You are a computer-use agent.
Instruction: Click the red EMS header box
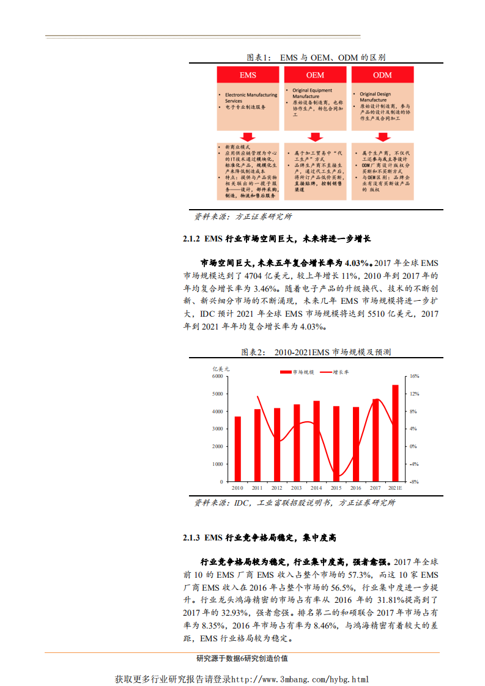coord(248,75)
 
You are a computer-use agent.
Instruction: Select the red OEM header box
coord(315,75)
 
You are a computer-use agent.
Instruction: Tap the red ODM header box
coord(382,75)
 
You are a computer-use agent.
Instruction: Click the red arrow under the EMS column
coord(248,136)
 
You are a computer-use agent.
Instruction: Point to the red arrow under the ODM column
coord(382,136)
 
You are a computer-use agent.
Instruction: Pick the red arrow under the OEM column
coord(315,136)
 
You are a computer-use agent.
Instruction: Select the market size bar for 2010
coord(237,449)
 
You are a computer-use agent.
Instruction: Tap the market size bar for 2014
coord(316,441)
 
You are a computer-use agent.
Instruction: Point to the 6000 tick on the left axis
coord(218,377)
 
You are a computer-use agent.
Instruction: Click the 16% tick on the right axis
coord(413,377)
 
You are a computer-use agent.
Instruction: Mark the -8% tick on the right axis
coord(413,482)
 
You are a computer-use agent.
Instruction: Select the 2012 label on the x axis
coord(276,488)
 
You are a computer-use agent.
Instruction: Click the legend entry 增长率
coord(341,371)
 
